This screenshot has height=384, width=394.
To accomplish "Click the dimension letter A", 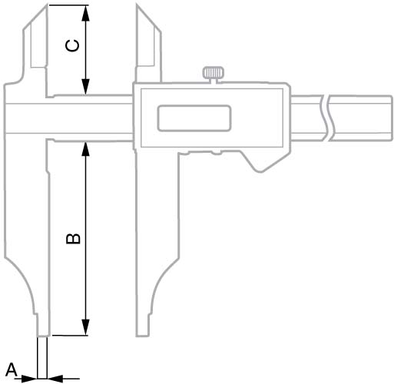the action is click(12, 370).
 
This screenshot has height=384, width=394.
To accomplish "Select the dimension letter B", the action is click(73, 238).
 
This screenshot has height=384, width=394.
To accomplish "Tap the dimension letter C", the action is click(72, 46).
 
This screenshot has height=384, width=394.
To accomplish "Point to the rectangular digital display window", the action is click(194, 118).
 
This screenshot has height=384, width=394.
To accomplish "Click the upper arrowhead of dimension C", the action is click(86, 13).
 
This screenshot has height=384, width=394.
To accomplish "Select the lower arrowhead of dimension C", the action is click(86, 87).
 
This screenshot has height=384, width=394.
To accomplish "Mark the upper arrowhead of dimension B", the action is click(85, 149).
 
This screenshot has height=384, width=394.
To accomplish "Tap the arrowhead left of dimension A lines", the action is click(29, 379).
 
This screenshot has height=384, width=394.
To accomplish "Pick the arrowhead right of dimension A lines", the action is click(55, 379).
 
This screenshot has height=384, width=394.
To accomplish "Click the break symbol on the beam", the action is click(325, 118).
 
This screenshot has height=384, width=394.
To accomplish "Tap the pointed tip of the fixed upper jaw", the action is click(47, 5).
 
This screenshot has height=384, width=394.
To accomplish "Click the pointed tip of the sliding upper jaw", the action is click(137, 5).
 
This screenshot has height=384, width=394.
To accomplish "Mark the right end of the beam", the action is click(392, 118).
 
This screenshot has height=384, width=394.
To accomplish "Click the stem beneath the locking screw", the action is click(214, 81).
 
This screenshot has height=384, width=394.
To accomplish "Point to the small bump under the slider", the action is click(217, 153).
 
